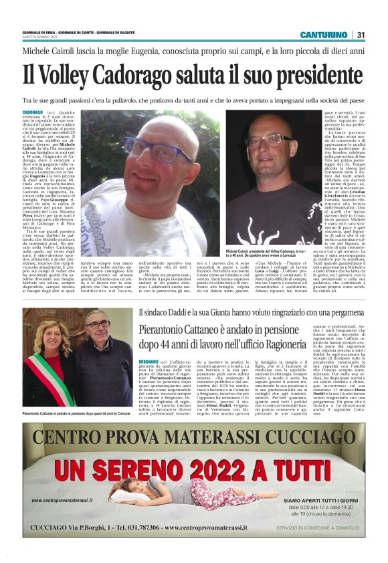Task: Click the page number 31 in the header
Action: click(361, 34)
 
